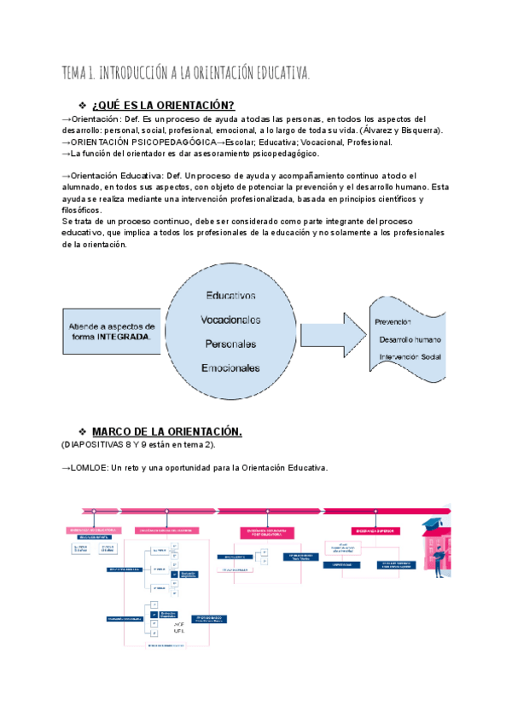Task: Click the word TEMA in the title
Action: click(x=74, y=73)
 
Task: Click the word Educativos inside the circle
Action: click(x=230, y=296)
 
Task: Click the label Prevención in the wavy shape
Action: click(x=393, y=321)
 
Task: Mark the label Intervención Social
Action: click(x=410, y=356)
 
